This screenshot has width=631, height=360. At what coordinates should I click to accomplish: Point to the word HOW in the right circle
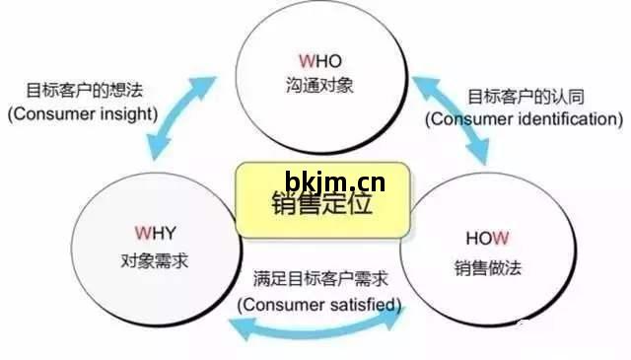(487, 239)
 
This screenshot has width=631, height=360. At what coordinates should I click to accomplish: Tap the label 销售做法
(487, 266)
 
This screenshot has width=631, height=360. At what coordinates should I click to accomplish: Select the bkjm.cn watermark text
(334, 180)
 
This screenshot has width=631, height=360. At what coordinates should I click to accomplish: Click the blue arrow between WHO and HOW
(450, 116)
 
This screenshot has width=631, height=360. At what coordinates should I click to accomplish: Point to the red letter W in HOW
(501, 239)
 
